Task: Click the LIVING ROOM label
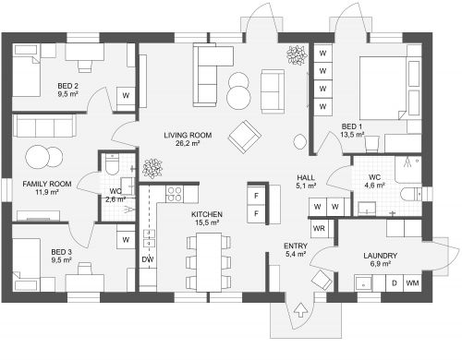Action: pos(188,135)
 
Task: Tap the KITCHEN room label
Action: pos(207,214)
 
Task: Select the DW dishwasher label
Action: pos(148,259)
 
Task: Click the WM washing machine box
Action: pos(412,282)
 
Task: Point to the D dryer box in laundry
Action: pos(395,282)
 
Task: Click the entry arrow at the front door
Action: pos(300,310)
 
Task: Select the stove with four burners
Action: pos(175,194)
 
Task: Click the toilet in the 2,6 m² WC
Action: pos(112,164)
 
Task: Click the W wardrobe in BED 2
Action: pos(126,96)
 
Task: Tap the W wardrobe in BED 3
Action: pos(126,240)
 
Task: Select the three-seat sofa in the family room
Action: pos(44,126)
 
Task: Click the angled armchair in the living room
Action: pos(245,137)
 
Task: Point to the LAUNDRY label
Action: pos(380,256)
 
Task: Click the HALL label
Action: pos(306,177)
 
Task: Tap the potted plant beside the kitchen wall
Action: pos(152,168)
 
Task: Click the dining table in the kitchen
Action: pos(209,262)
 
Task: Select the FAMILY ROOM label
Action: pos(47,184)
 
